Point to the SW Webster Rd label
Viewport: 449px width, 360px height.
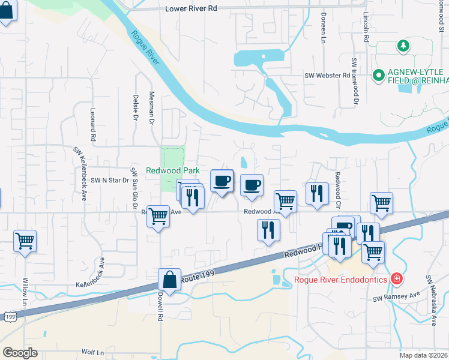click(x=327, y=76)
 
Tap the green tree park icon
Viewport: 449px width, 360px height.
click(x=402, y=46)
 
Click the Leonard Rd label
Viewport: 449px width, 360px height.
click(x=93, y=125)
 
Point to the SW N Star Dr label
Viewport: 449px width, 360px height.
click(x=110, y=180)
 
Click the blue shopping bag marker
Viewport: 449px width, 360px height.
click(x=170, y=280)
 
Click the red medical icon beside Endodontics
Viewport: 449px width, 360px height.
click(x=396, y=278)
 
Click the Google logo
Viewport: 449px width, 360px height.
click(x=20, y=353)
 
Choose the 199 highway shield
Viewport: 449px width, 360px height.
click(x=9, y=316)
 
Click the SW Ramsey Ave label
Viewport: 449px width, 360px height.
click(x=396, y=298)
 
